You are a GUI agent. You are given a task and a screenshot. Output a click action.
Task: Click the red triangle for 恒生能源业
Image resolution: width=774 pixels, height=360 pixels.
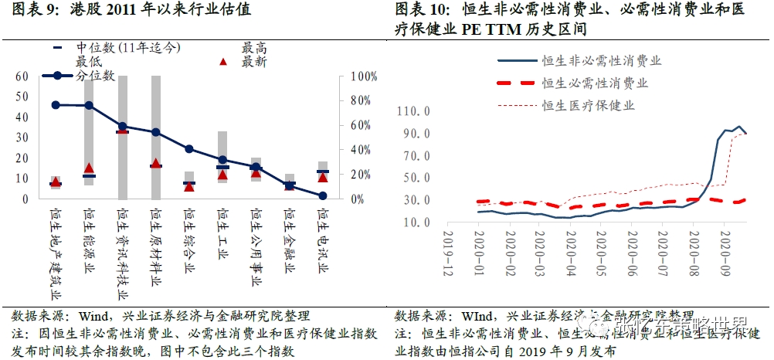(89, 168)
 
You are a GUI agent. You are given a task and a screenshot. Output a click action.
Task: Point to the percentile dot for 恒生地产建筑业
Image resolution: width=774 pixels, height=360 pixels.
(56, 104)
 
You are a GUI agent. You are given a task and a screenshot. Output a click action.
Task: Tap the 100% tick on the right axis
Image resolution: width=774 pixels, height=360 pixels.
(364, 76)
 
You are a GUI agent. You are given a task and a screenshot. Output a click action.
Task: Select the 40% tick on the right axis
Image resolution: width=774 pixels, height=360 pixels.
(361, 150)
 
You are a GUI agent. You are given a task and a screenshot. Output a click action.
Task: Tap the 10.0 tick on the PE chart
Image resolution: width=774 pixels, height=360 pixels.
(416, 222)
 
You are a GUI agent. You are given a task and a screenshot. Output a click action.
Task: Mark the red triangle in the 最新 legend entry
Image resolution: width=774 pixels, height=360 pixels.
(223, 62)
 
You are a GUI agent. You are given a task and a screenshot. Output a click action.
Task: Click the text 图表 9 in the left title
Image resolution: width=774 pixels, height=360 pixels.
(31, 11)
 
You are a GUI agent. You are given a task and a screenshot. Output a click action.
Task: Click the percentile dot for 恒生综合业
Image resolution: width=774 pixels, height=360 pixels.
(189, 149)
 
